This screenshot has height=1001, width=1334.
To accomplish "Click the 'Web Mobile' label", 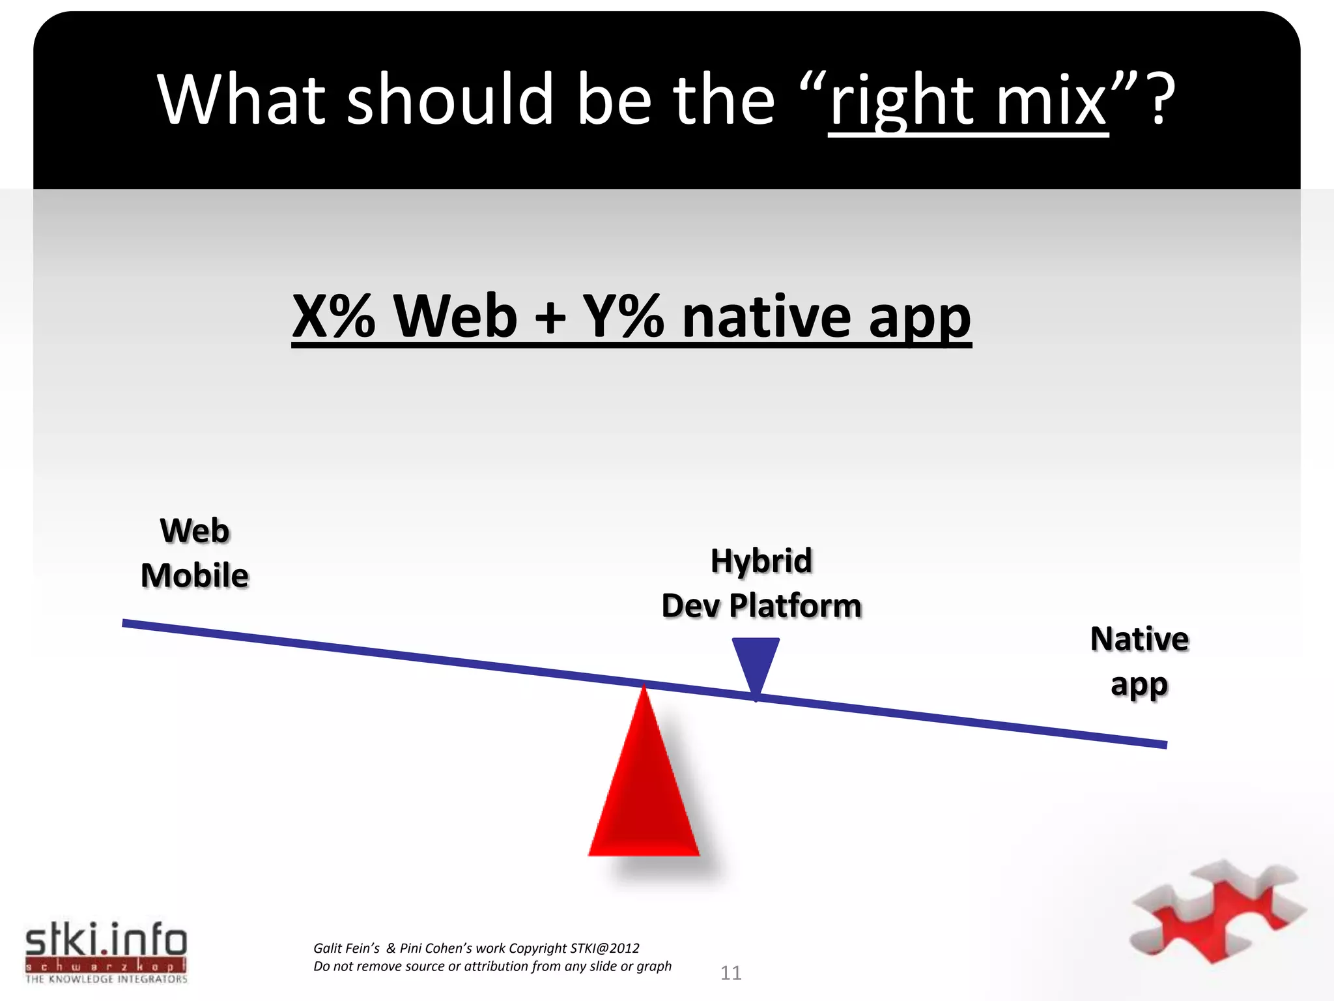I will click(195, 553).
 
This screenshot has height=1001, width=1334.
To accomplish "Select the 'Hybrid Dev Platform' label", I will click(761, 583).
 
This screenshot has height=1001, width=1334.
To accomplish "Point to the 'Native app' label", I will click(1139, 661).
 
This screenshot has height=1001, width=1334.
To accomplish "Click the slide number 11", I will click(731, 973).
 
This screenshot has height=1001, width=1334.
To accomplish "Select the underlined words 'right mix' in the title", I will click(969, 101).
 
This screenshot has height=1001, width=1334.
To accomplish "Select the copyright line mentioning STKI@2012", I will click(476, 948).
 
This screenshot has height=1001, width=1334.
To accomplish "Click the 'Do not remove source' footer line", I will click(492, 966).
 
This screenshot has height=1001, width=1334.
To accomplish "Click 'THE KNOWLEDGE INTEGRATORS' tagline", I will click(106, 979).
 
